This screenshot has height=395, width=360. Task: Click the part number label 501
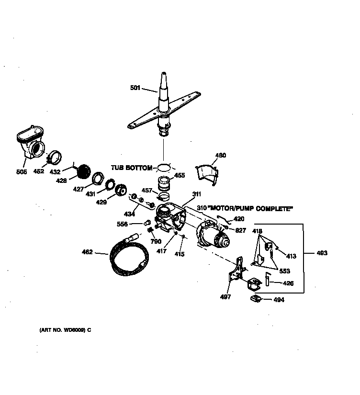click(x=135, y=88)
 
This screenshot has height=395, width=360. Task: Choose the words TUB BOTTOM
click(x=132, y=168)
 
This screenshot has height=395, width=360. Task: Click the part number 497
click(x=225, y=297)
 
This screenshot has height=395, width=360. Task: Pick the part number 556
click(x=123, y=224)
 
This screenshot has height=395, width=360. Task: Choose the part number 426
click(x=288, y=283)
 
